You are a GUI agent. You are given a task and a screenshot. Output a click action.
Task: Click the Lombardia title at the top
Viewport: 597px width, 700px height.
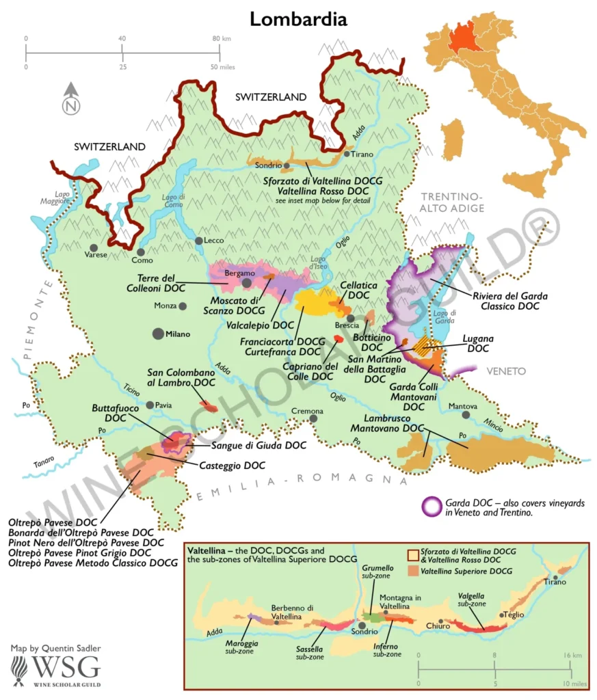(x=298, y=18)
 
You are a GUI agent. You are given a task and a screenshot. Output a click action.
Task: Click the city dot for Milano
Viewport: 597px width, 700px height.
(x=159, y=334)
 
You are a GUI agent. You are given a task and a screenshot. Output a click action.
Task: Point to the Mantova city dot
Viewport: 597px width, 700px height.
(x=465, y=414)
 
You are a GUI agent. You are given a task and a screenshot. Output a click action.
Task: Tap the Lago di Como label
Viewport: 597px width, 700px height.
(x=174, y=201)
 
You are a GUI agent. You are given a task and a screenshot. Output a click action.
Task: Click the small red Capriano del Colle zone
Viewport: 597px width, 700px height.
(x=338, y=339)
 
